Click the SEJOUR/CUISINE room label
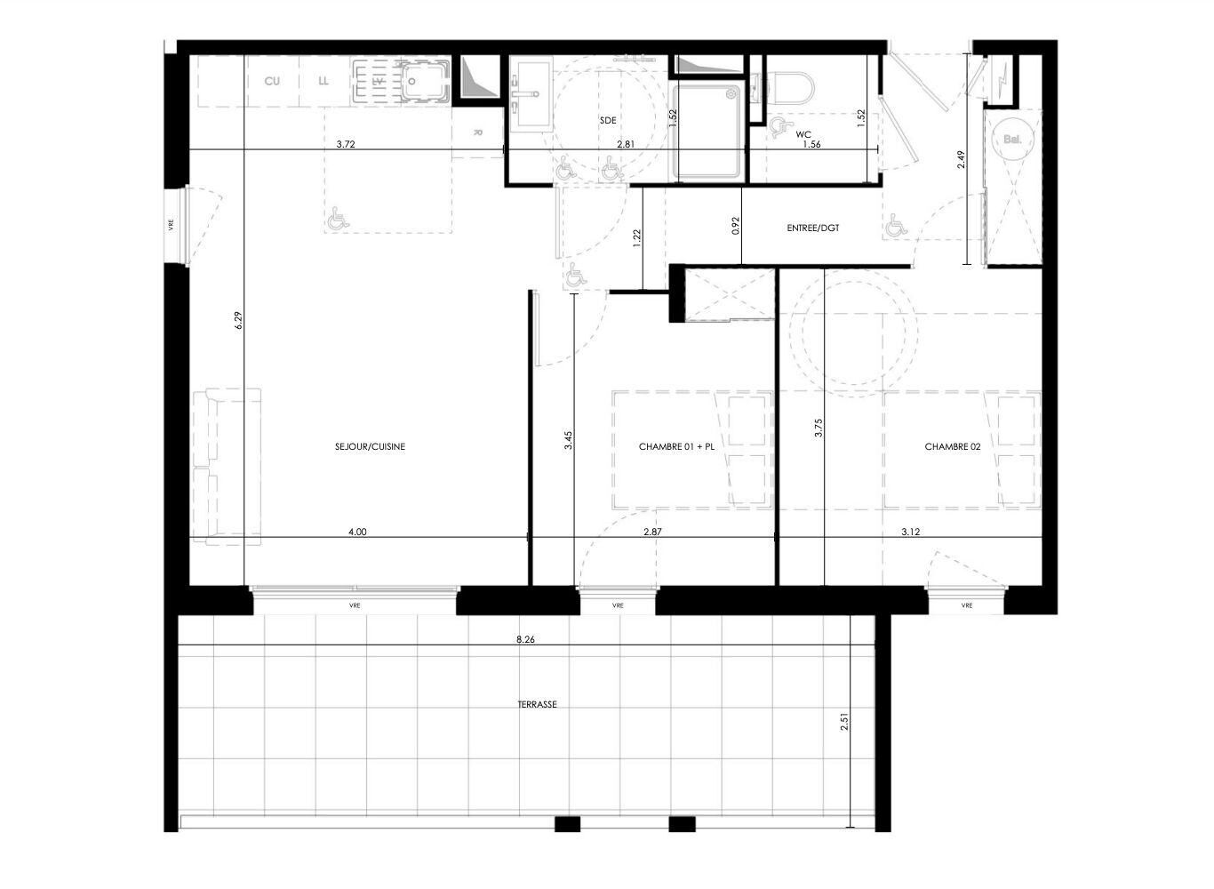point(370,446)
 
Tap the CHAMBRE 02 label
point(952,446)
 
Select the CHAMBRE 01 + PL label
point(676,446)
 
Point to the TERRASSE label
point(537,704)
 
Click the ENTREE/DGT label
point(813,228)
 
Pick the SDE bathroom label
point(608,120)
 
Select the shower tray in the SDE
point(709,132)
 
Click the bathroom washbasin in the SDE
point(531,93)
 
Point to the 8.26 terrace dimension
point(525,640)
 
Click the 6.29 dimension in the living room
point(238,320)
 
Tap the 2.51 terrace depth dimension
point(843,722)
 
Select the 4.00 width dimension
point(357,532)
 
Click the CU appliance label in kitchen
point(272,81)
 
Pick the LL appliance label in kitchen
point(323,81)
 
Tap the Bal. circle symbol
point(1012,139)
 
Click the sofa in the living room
point(227,466)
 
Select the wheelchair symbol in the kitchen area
point(338,218)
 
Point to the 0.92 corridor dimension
point(736,226)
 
